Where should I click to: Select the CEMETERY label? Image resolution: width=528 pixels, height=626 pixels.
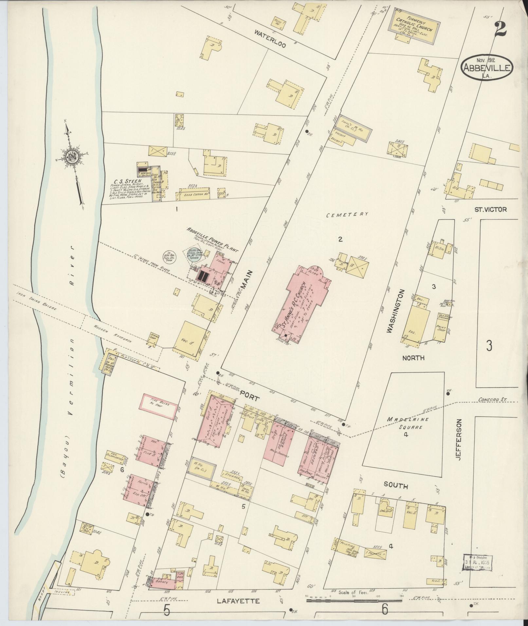[347, 214]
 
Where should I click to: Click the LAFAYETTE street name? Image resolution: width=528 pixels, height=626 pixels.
[239, 601]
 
